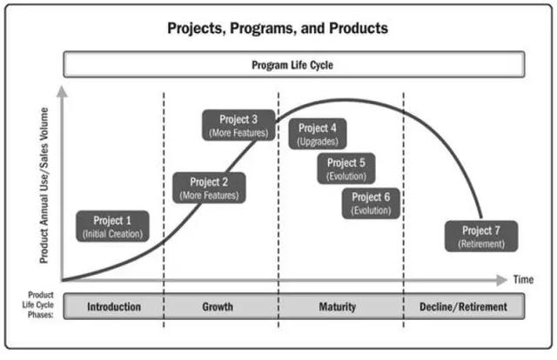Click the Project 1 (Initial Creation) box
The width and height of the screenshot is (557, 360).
112,226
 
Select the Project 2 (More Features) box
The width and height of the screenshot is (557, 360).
209,188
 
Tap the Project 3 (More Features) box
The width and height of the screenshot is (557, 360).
238,126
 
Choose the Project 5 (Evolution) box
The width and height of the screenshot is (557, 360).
346,168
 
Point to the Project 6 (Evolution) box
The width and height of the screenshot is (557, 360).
372,203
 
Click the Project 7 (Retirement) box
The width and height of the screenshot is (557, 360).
481,237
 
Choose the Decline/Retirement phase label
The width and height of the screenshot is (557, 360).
463,307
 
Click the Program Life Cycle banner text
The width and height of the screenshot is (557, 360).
292,64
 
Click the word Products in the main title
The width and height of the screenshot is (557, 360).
354,29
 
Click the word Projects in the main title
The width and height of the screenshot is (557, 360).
198,29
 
